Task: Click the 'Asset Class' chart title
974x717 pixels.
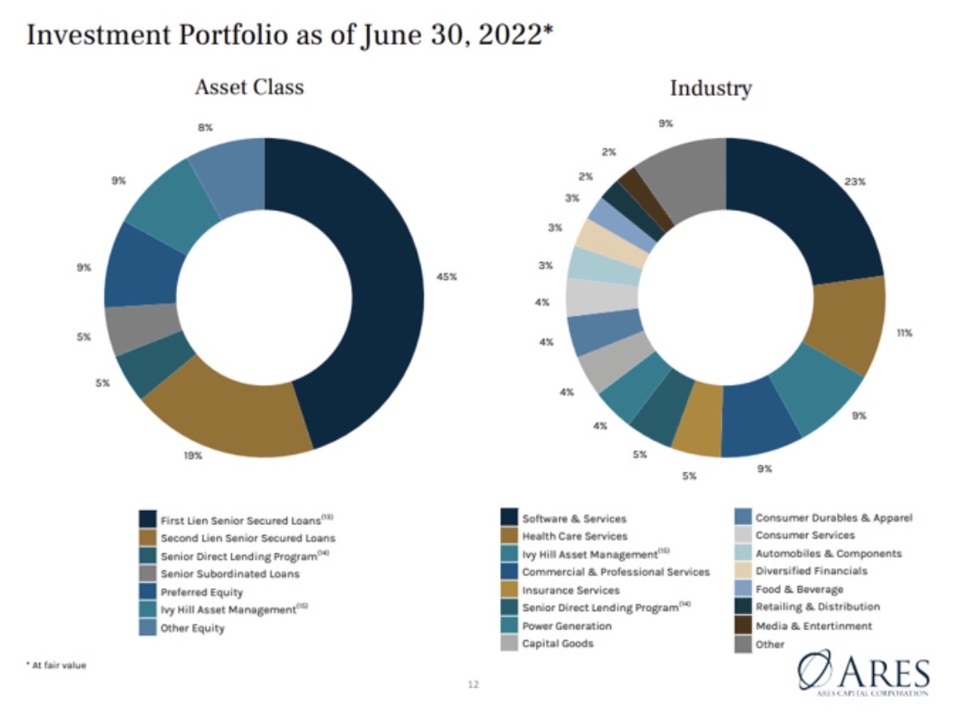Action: (x=249, y=88)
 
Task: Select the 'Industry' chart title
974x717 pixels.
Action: (x=710, y=88)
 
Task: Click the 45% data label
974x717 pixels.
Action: (x=447, y=276)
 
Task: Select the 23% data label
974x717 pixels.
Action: (x=854, y=181)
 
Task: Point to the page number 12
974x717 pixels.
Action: (x=473, y=685)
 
